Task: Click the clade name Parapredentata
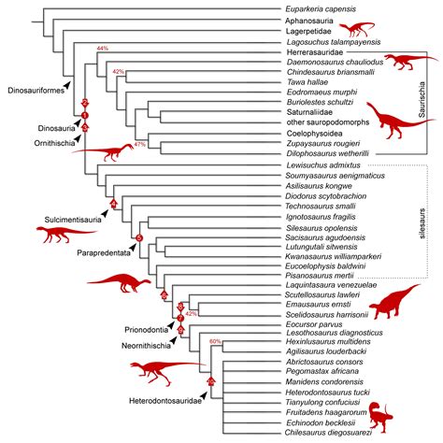pos(105,252)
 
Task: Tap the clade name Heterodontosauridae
pos(160,403)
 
